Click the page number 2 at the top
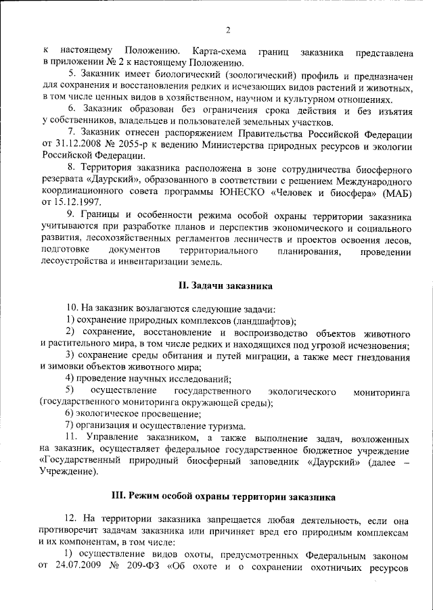[x=228, y=29]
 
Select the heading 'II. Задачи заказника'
[x=216, y=285]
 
